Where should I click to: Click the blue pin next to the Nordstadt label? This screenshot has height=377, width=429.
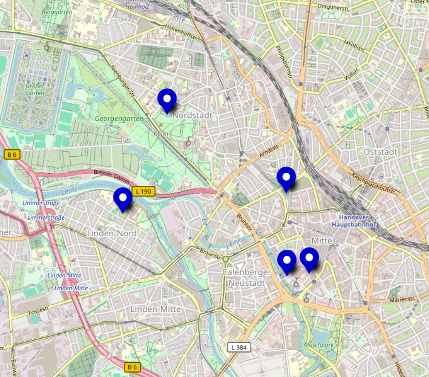[167, 100]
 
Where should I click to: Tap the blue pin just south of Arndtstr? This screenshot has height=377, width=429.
[286, 178]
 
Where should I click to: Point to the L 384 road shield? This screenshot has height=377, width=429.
[239, 347]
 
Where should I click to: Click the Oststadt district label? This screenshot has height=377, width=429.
[380, 152]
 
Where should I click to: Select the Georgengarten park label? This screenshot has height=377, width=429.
[119, 118]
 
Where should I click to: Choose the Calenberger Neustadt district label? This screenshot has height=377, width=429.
[246, 278]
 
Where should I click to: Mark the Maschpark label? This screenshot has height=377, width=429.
[319, 345]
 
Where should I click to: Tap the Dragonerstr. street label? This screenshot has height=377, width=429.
[334, 6]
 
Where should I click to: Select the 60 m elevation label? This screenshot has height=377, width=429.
[161, 133]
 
